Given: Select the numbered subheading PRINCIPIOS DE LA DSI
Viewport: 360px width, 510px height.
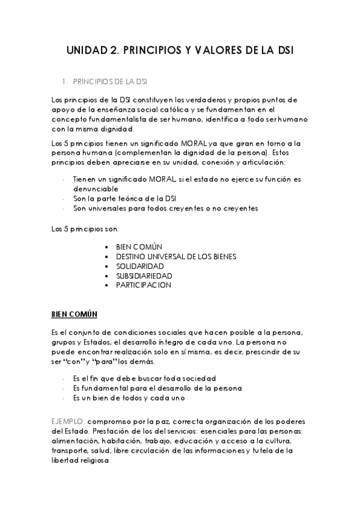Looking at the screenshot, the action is [110, 82].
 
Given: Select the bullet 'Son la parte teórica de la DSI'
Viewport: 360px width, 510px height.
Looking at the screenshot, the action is [124, 198].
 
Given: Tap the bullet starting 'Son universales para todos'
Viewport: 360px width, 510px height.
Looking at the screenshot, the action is [165, 208].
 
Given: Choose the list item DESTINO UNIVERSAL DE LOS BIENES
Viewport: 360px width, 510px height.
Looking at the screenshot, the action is [176, 256].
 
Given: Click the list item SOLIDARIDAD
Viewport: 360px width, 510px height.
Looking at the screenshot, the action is [140, 266].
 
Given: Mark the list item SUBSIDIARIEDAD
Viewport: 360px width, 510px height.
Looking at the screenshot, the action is [144, 275].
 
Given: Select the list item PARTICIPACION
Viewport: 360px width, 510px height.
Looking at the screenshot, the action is [144, 285].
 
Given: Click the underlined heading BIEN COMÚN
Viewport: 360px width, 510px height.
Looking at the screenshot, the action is [75, 315].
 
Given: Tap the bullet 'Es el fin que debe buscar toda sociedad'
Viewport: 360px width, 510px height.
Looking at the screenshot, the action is [144, 379].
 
